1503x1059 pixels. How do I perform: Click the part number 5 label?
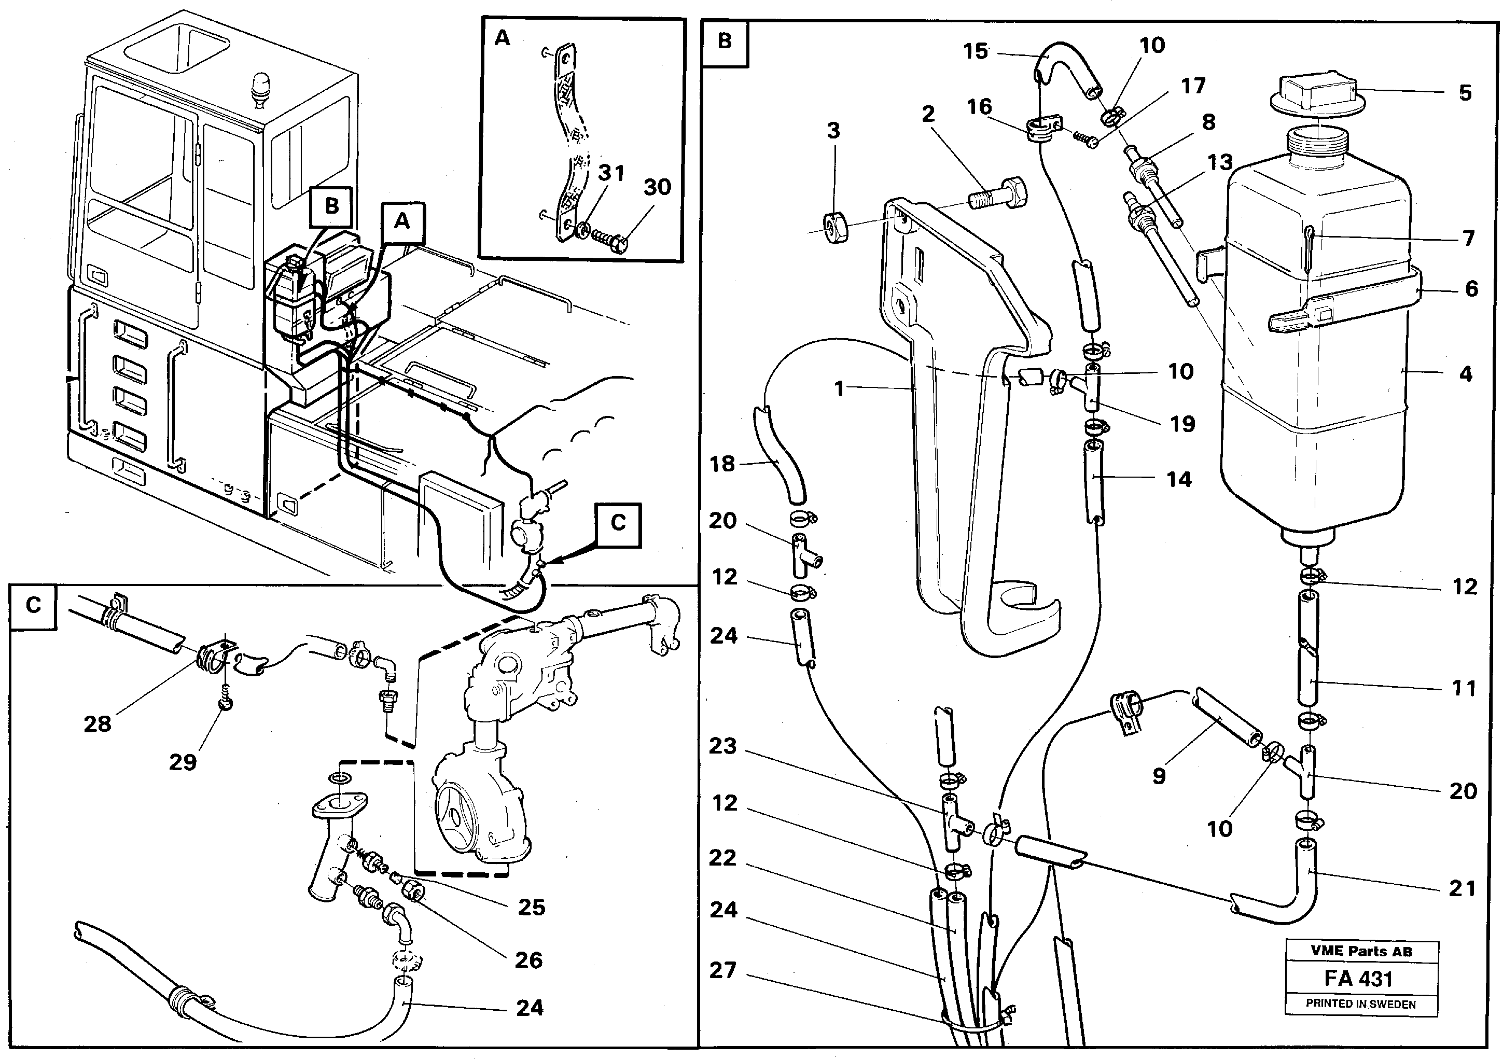1465,93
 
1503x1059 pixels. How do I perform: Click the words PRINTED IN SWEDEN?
1360,1004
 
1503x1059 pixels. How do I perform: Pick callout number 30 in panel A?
657,188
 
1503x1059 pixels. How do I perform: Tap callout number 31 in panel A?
611,173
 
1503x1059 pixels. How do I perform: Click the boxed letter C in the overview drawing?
618,523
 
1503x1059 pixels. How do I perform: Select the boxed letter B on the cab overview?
332,206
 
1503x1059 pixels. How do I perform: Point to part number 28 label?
98,724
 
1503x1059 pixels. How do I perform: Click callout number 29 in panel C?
183,762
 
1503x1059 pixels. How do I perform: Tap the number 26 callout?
528,960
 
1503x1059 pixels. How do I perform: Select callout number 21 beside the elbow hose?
1462,888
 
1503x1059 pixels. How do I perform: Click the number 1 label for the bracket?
840,389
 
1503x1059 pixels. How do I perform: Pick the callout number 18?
722,464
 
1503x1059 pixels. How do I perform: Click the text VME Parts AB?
1361,952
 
